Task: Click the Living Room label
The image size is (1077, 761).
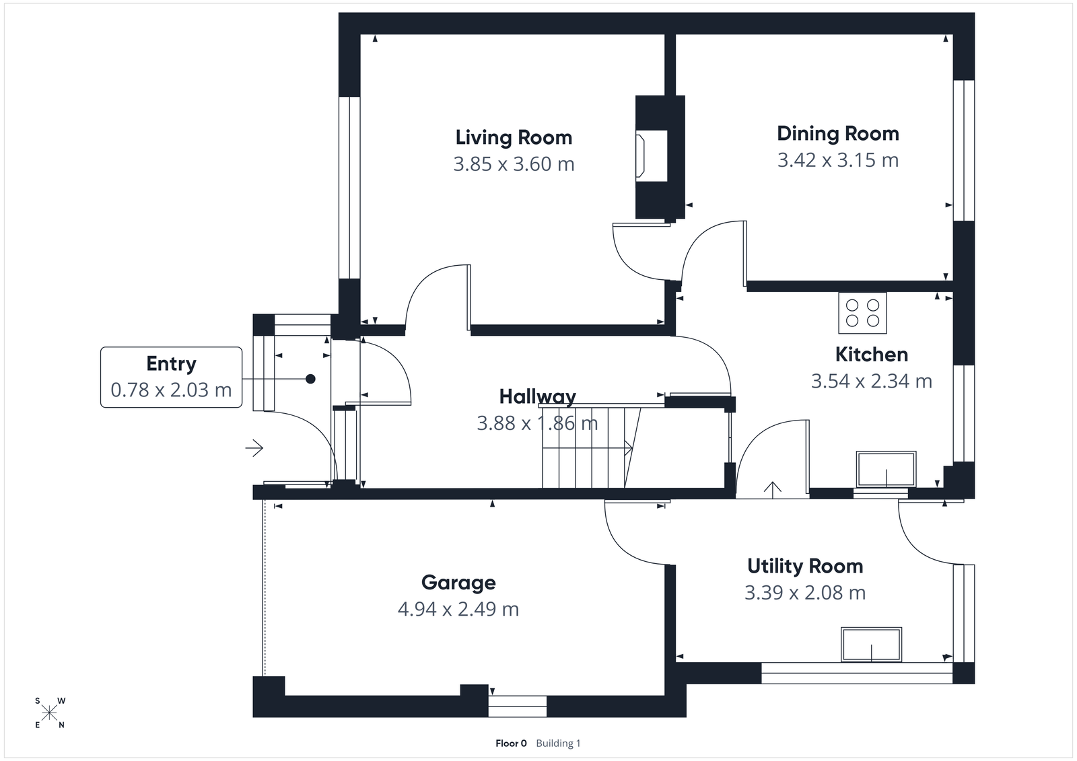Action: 514,137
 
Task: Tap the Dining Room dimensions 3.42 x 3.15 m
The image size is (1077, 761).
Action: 837,160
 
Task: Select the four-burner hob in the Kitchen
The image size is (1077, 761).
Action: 862,313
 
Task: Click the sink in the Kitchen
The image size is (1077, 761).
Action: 886,469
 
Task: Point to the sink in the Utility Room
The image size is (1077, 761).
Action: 871,645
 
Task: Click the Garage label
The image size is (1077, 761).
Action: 458,583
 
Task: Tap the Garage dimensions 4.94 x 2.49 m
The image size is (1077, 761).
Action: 458,610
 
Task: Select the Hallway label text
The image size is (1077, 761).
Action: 537,396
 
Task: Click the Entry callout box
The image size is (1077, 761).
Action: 171,377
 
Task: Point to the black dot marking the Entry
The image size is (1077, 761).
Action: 310,379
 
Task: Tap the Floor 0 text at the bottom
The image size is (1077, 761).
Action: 511,744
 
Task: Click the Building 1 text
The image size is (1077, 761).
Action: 558,744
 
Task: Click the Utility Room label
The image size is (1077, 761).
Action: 805,566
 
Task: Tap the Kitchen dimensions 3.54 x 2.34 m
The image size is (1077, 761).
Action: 871,382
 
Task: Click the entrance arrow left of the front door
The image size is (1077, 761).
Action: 254,447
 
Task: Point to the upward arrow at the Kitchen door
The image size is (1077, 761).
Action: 771,488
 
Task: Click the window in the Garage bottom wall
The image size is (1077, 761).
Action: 517,706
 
